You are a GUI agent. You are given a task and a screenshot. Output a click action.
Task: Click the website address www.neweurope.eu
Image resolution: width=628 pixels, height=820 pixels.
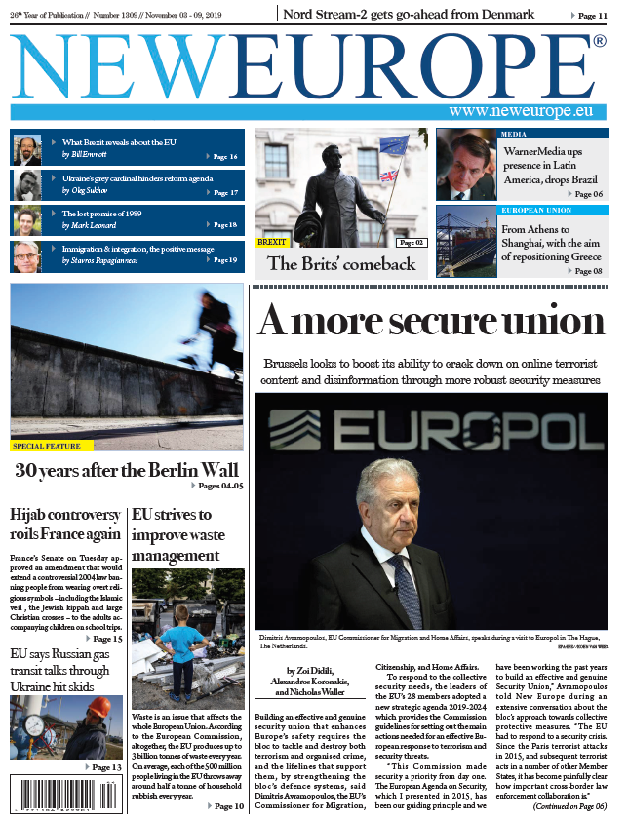tap(521, 111)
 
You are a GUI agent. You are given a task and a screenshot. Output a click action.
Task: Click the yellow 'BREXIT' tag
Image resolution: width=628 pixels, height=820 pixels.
tap(272, 241)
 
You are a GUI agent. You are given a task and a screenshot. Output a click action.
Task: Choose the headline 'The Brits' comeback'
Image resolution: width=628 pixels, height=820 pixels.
tap(341, 263)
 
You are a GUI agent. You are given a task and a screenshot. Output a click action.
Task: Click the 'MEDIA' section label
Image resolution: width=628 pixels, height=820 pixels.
tap(514, 134)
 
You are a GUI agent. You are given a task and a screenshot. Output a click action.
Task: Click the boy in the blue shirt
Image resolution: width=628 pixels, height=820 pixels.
tap(182, 644)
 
